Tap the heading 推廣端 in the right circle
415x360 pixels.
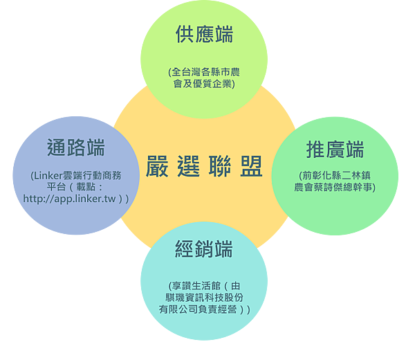pos(335,150)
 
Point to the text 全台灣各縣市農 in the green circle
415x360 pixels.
pos(206,72)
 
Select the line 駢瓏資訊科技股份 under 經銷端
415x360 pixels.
pos(204,298)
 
